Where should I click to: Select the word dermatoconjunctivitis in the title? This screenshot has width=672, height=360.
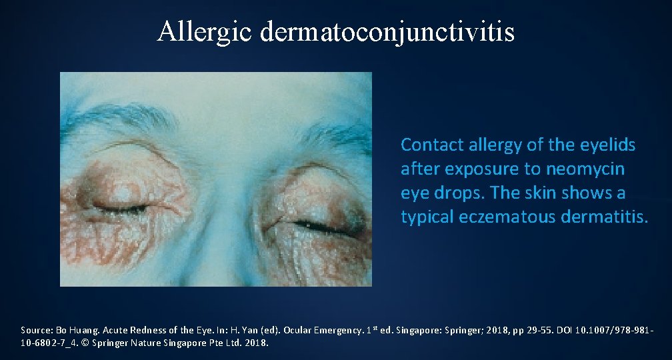click(388, 31)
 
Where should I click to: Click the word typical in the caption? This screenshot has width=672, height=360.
click(428, 217)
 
